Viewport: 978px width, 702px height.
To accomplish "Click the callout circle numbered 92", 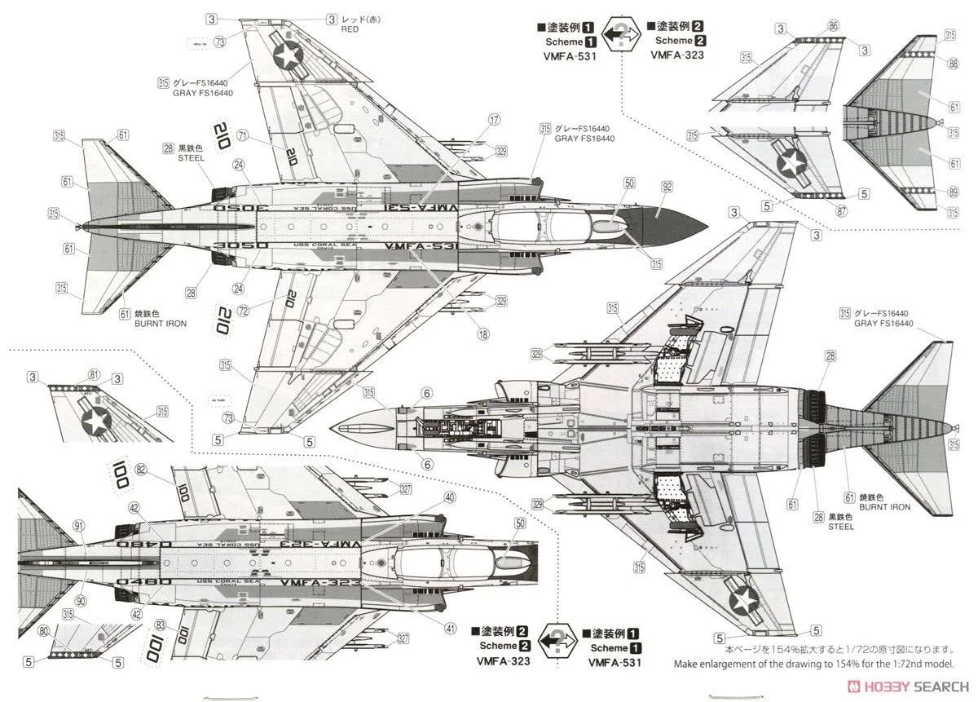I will pyautogui.click(x=667, y=187).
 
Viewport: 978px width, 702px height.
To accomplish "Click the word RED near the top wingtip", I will pyautogui.click(x=350, y=29).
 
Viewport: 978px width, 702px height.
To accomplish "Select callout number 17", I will pyautogui.click(x=494, y=120).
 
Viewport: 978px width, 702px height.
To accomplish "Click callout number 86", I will pyautogui.click(x=833, y=26).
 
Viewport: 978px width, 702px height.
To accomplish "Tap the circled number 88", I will pyautogui.click(x=952, y=64).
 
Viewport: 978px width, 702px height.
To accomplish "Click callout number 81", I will pyautogui.click(x=95, y=375).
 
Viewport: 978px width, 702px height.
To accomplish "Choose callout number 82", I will pyautogui.click(x=141, y=470).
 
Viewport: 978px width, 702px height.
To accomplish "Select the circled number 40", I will pyautogui.click(x=450, y=497).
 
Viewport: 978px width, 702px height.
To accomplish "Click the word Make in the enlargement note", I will pyautogui.click(x=688, y=664).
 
